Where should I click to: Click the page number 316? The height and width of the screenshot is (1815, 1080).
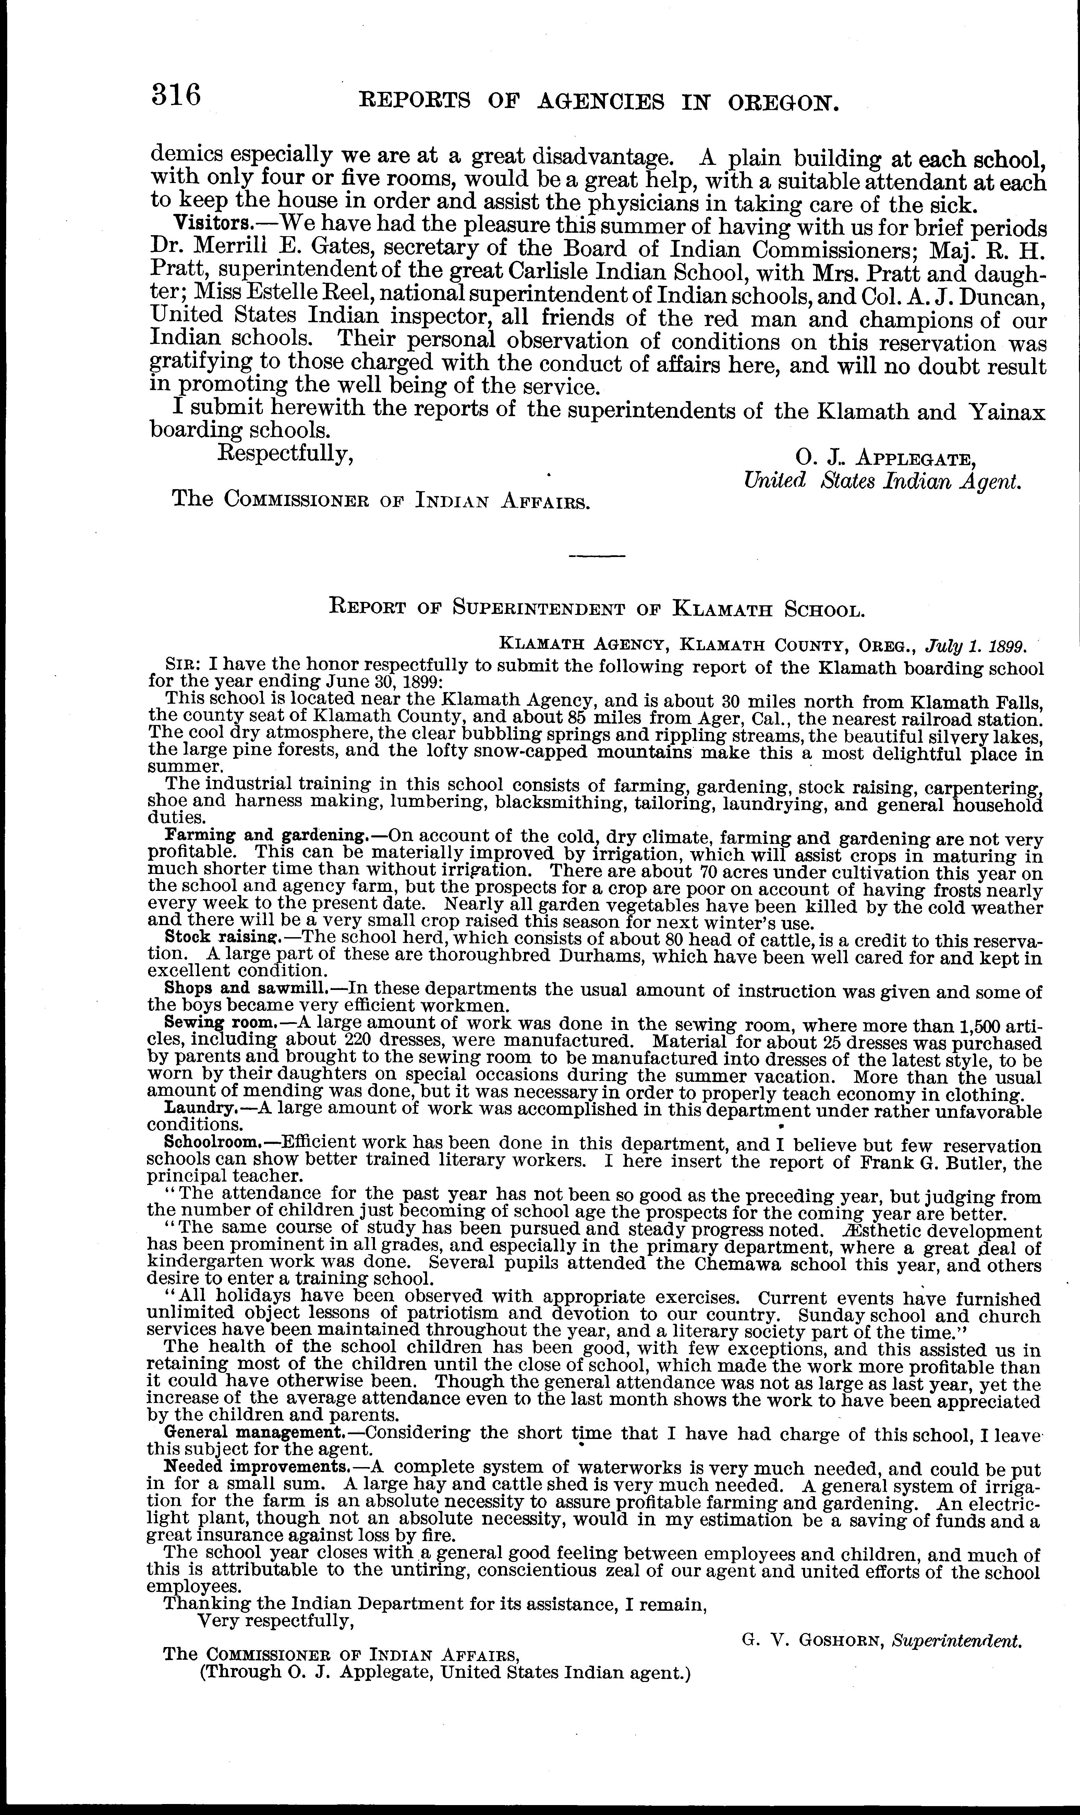pyautogui.click(x=175, y=95)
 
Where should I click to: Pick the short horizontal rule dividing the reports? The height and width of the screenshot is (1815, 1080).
pyautogui.click(x=597, y=557)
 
